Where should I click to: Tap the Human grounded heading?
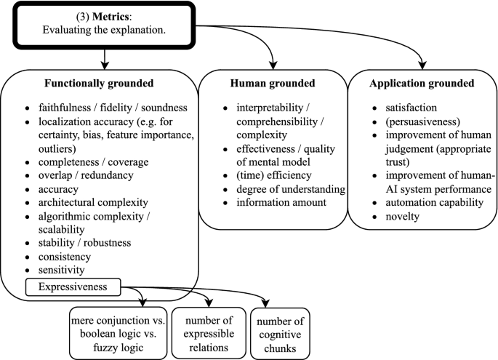click(270, 84)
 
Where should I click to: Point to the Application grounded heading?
click(421, 84)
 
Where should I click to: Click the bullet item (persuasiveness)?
click(411, 122)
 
